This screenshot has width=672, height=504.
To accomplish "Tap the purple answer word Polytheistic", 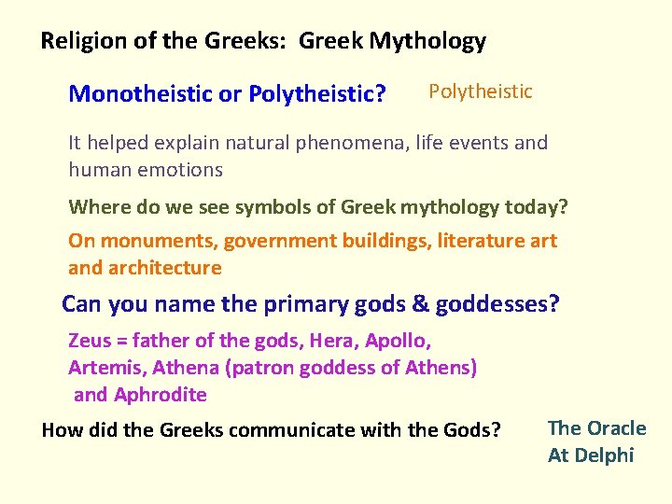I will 480,91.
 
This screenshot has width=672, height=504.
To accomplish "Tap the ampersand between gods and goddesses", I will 421,304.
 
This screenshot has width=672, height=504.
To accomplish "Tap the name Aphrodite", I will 160,395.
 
